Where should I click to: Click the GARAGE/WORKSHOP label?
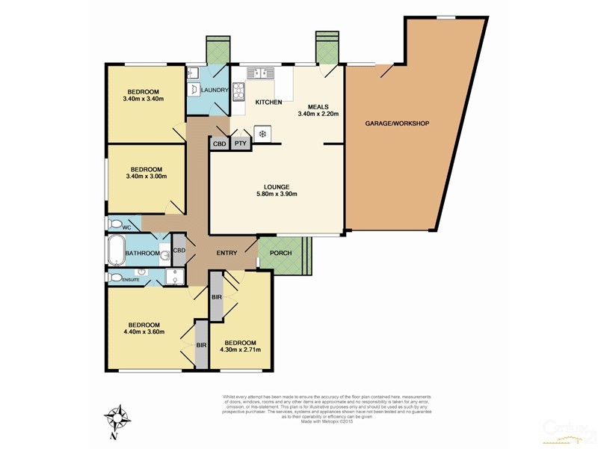pos(396,123)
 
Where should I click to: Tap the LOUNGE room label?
pos(276,186)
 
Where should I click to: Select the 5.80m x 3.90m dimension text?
pos(276,195)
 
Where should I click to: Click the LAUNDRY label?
pos(214,91)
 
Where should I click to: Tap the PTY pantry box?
pos(241,143)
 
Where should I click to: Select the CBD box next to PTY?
pos(220,143)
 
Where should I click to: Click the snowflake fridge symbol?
pos(262,135)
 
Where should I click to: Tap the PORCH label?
pos(280,252)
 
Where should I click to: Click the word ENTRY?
pos(226,253)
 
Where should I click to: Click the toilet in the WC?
pos(116,223)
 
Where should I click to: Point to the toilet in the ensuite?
pos(115,277)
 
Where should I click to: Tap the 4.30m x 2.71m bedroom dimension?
pos(240,349)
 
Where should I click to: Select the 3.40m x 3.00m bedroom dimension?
pos(144,177)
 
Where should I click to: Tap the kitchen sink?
pos(253,73)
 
